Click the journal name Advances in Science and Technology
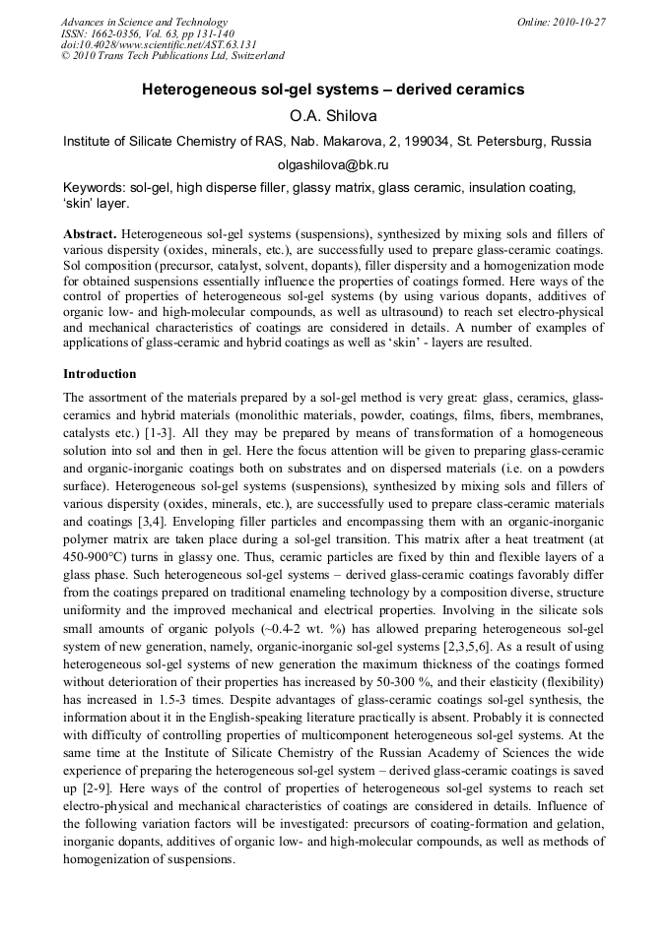(144, 22)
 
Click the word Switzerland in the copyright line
(257, 57)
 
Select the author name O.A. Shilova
(333, 116)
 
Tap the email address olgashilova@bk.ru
(333, 165)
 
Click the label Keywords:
(94, 187)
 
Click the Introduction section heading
(100, 374)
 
